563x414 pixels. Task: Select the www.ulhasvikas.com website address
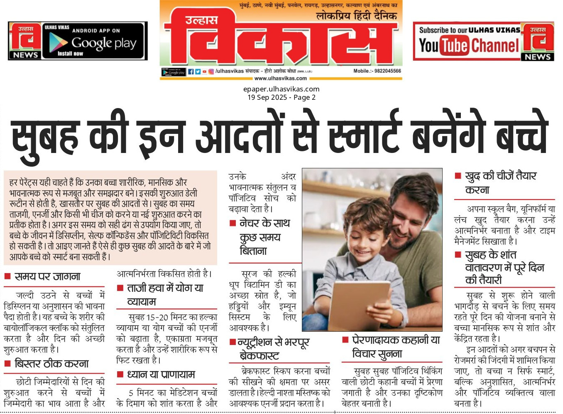pyautogui.click(x=280, y=78)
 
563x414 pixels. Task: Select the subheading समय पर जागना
pyautogui.click(x=47, y=277)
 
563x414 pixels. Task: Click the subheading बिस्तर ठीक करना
pyautogui.click(x=51, y=364)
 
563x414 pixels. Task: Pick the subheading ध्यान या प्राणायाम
pyautogui.click(x=161, y=375)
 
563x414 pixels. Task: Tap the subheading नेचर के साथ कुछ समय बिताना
pyautogui.click(x=260, y=237)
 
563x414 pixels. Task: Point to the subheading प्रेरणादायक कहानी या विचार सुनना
pyautogui.click(x=396, y=347)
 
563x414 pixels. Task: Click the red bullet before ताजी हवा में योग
pyautogui.click(x=120, y=288)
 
